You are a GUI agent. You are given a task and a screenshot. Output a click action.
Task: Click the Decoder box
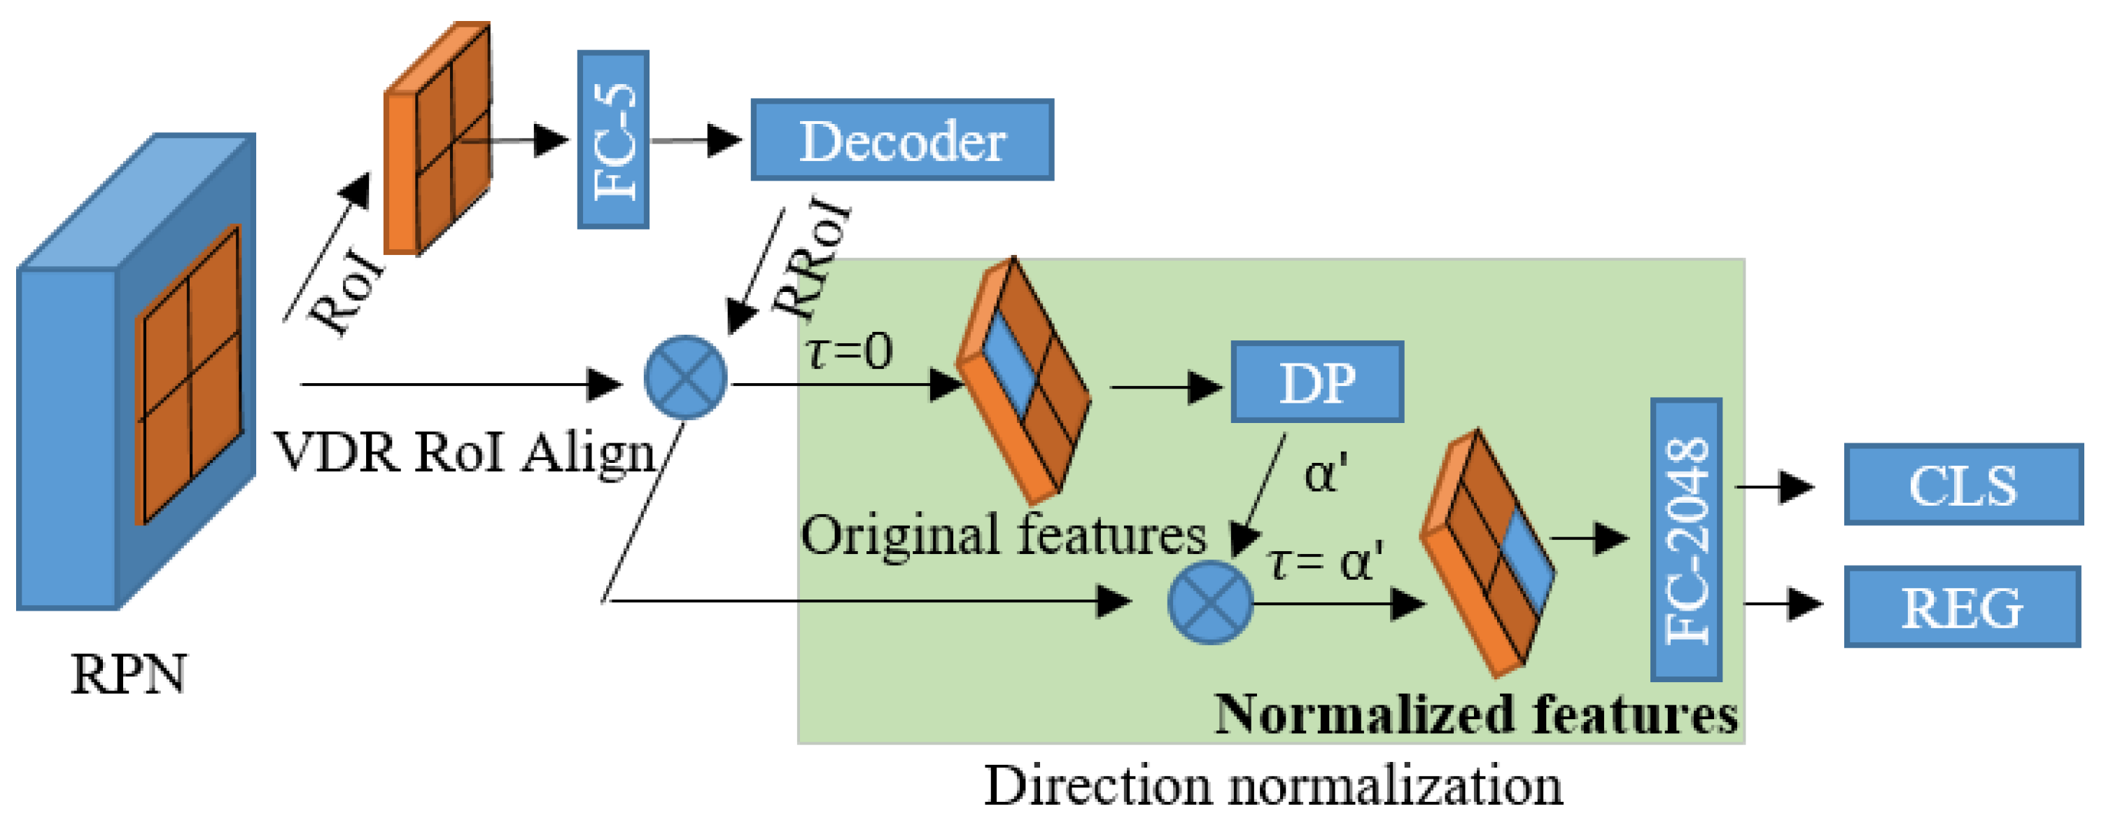click(x=901, y=140)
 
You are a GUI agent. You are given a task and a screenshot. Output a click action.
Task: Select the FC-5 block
click(x=612, y=140)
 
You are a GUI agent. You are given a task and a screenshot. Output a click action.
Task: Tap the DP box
click(x=1317, y=382)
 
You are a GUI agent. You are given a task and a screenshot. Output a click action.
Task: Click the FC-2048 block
click(x=1685, y=540)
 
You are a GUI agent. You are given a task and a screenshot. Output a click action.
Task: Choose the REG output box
click(x=1962, y=607)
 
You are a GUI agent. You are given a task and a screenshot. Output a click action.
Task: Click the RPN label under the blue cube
click(x=128, y=674)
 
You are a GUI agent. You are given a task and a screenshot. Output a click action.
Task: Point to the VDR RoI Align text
click(x=464, y=452)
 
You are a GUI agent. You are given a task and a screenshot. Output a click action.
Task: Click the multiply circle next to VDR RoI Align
click(x=686, y=378)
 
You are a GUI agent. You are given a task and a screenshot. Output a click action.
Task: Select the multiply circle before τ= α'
click(x=1210, y=603)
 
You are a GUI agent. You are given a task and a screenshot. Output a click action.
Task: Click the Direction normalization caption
click(x=1272, y=785)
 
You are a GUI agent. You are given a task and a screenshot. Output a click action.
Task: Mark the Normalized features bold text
click(x=1475, y=714)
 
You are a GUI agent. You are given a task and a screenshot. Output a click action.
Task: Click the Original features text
click(x=1003, y=535)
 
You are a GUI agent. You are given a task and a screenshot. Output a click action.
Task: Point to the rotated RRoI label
click(x=812, y=258)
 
